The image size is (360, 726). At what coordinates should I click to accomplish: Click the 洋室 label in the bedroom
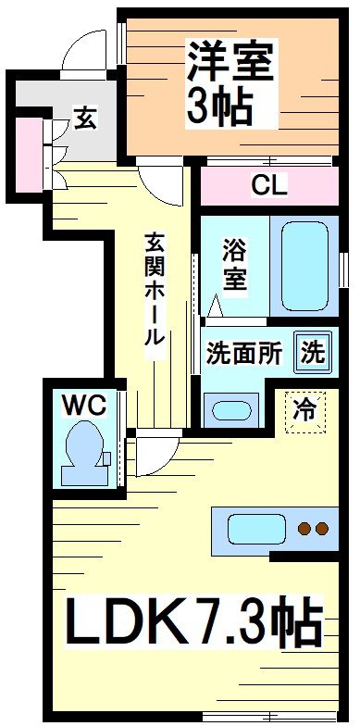(231, 63)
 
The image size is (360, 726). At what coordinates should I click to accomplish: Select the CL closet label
(269, 185)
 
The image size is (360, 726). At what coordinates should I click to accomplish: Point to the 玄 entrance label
(84, 119)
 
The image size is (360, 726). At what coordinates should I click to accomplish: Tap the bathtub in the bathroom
(306, 264)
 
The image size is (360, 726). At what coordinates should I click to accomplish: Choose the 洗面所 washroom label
(242, 353)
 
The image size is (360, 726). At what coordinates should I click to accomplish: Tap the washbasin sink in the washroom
(230, 410)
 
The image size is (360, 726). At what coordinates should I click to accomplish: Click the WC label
(85, 404)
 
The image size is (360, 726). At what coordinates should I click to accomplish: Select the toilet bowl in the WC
(82, 451)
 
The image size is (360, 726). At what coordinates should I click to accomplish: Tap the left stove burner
(303, 530)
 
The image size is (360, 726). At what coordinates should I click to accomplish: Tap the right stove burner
(321, 530)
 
